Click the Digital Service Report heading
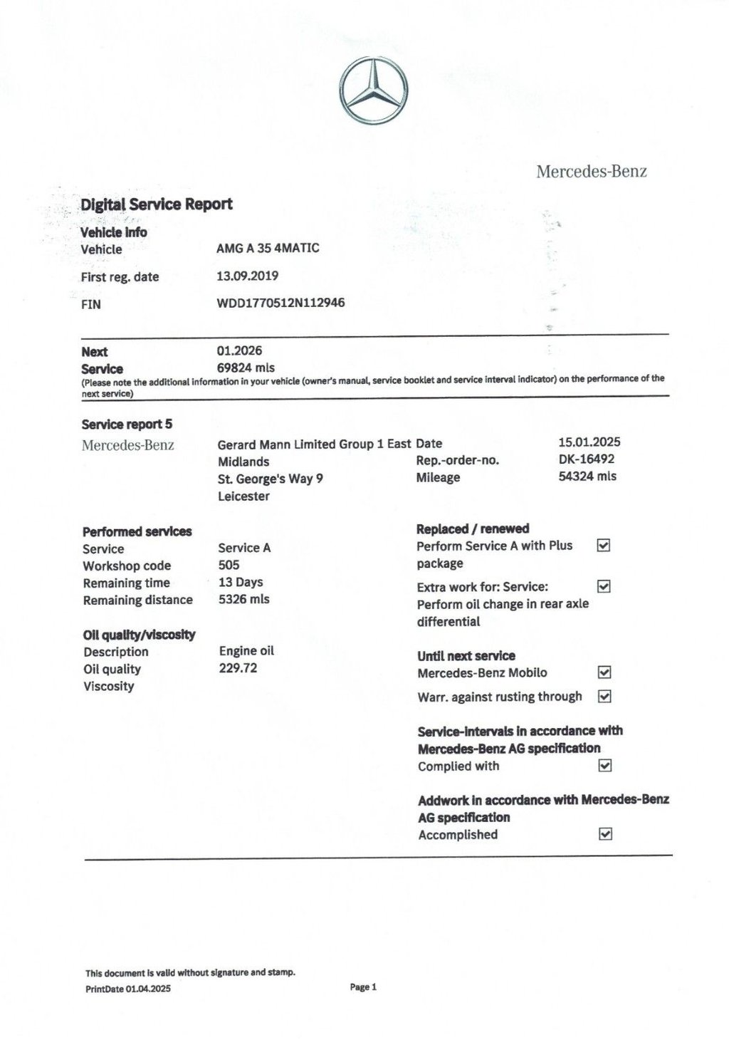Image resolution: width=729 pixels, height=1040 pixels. coord(156,204)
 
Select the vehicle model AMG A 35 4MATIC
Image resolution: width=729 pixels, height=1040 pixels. coord(268,248)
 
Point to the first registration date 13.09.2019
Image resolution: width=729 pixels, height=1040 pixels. coord(247,276)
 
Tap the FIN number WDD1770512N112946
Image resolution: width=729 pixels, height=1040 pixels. coord(280,303)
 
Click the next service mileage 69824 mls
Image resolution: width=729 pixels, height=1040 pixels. coord(245,368)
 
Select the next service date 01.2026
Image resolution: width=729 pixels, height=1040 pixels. coord(239,350)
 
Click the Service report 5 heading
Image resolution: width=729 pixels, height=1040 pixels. coord(127,425)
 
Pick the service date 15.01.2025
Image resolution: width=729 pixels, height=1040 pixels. coord(589,442)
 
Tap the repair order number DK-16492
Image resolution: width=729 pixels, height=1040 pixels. coord(587,459)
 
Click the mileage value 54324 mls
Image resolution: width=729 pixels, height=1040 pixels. coord(587,476)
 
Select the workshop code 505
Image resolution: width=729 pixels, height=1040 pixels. coord(229,565)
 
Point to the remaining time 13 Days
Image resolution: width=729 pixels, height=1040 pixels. coord(241,582)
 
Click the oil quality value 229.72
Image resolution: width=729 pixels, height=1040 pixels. coord(238,668)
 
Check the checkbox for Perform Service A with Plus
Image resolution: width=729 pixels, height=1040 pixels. coord(604,546)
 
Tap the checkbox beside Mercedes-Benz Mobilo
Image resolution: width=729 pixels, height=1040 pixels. coord(604,672)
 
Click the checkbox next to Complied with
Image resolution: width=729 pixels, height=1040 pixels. coord(605,766)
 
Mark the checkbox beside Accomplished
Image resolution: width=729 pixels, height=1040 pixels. coord(605,833)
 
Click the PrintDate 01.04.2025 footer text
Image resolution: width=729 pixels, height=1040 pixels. coord(128,989)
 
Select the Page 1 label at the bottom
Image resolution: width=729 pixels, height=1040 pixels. coord(363,987)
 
